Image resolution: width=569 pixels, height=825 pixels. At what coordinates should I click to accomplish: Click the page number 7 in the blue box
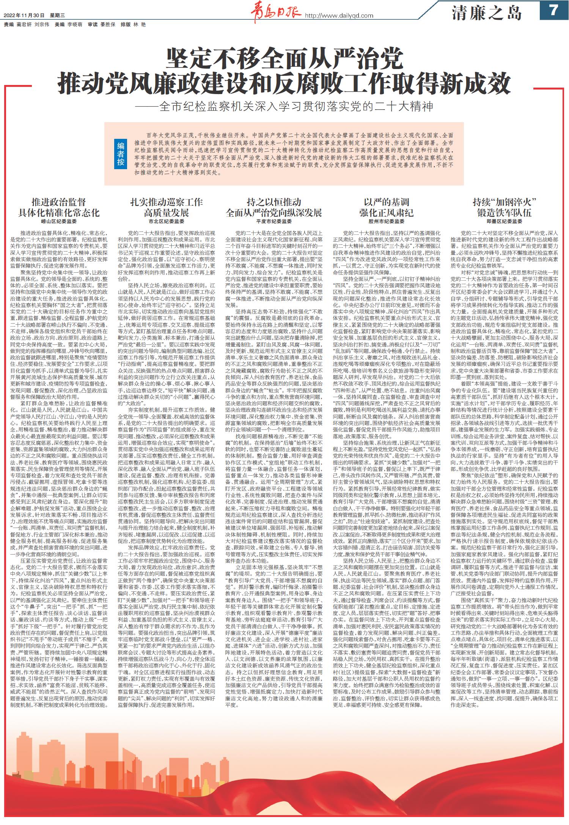(x=553, y=10)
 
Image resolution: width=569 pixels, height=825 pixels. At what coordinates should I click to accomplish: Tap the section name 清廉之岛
(x=487, y=13)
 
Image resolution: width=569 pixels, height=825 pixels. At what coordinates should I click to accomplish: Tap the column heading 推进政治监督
(x=59, y=202)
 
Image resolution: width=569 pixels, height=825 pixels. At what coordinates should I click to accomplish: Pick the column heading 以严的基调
(x=387, y=202)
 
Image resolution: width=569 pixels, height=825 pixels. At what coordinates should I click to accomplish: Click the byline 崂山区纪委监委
(x=59, y=221)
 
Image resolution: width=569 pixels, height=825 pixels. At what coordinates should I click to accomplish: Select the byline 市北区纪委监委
(x=166, y=221)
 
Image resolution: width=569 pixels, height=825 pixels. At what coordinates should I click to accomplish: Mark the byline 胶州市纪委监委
(x=387, y=221)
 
